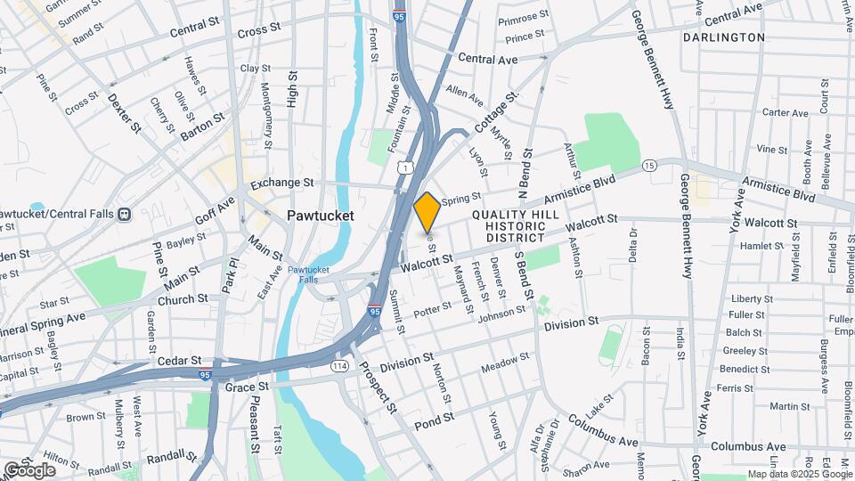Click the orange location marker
[427, 211]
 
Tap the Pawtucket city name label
[321, 216]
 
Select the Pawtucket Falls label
[308, 273]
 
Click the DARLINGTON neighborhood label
[724, 37]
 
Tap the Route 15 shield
[649, 166]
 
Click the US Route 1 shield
[405, 167]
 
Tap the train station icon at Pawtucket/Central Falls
[124, 214]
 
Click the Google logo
[29, 469]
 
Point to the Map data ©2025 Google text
[799, 474]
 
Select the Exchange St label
[282, 183]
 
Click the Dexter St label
[125, 112]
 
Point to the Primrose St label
[524, 18]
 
